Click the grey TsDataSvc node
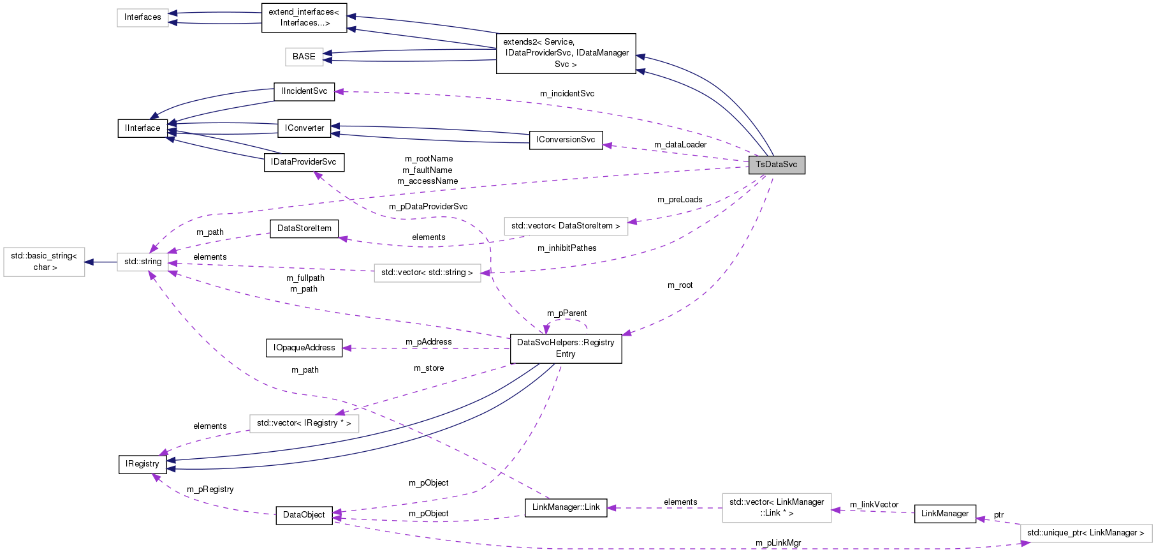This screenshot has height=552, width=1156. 776,165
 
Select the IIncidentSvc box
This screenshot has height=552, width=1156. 304,91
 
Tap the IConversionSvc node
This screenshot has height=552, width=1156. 566,140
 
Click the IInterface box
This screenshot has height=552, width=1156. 143,128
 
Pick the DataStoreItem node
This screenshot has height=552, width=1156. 304,228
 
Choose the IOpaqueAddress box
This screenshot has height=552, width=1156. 304,348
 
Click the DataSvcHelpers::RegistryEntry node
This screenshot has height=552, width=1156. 566,348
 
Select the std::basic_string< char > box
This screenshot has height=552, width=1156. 44,262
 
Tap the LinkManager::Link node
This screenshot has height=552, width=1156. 566,507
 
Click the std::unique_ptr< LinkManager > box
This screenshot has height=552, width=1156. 1085,533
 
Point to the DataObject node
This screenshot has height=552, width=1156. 304,515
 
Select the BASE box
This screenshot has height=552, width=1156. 304,57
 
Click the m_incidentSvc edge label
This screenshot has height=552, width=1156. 567,94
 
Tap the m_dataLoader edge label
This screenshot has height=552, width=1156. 680,145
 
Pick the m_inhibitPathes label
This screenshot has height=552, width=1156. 567,248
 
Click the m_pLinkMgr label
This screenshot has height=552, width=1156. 778,543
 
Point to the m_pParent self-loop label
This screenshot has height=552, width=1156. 567,313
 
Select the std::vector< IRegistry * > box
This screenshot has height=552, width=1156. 304,423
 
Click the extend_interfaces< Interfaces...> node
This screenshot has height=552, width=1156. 304,17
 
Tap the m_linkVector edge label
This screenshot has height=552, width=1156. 874,505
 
